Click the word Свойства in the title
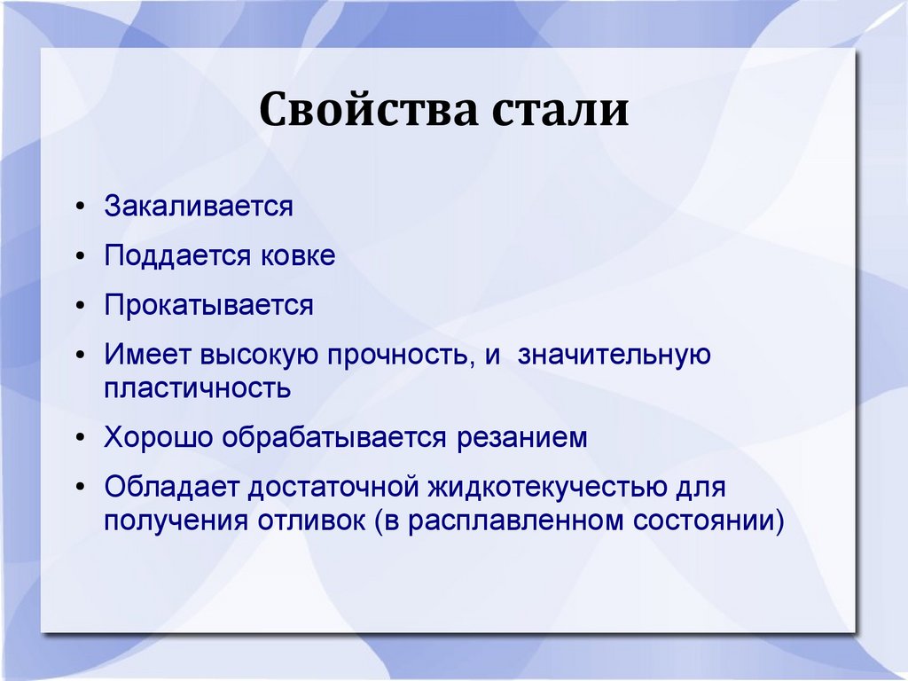[368, 108]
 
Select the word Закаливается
[199, 206]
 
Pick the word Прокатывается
[209, 306]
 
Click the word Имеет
[148, 355]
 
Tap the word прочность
[398, 356]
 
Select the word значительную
[614, 356]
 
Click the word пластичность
[198, 388]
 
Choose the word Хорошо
[159, 437]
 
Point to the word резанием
[521, 438]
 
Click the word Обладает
[171, 487]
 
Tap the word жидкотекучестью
[547, 488]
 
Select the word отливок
[311, 520]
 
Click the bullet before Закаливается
[81, 207]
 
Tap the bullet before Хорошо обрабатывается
[81, 438]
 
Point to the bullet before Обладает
[81, 487]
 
